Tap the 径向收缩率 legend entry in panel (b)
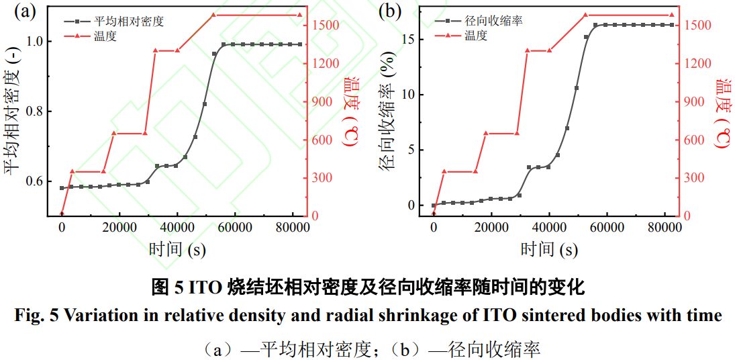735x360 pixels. tap(493, 21)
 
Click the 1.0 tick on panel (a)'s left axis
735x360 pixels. tap(36, 41)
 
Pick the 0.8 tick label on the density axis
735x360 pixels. tap(36, 111)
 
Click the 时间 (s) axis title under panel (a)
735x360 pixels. tap(177, 250)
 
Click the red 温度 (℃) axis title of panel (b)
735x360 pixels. tap(724, 111)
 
